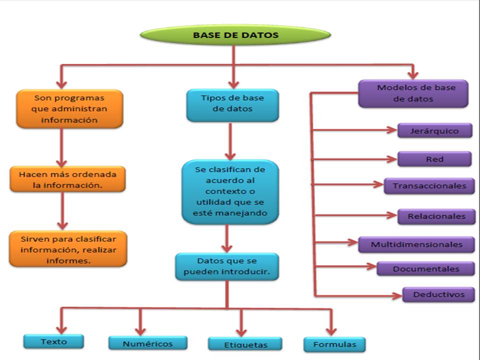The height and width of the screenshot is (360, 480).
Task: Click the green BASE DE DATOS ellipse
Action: [x=235, y=35]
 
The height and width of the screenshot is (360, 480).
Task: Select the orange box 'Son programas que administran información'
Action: [x=69, y=108]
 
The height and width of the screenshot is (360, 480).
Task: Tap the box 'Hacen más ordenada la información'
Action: [x=68, y=179]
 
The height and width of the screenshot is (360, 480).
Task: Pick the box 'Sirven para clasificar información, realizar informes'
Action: [x=68, y=248]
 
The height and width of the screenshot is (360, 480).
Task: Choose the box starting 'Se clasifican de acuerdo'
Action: [x=229, y=191]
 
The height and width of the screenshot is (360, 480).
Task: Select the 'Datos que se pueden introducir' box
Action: [x=227, y=266]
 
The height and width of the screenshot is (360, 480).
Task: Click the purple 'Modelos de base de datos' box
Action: [x=413, y=93]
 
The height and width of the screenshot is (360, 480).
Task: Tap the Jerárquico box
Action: [x=434, y=131]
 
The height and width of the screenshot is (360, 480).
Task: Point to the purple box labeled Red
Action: [x=434, y=159]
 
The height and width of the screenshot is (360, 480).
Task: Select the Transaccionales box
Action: [x=429, y=186]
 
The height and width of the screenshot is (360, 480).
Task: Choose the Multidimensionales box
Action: [x=416, y=244]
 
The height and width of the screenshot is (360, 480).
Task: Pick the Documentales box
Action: [x=425, y=269]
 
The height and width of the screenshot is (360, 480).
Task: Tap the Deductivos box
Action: [x=438, y=294]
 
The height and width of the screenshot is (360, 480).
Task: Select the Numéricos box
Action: [x=147, y=343]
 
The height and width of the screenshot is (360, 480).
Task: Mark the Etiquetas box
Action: [x=245, y=344]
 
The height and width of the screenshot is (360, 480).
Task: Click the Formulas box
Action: [x=334, y=344]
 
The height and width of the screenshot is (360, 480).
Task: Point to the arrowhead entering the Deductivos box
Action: [x=397, y=296]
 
